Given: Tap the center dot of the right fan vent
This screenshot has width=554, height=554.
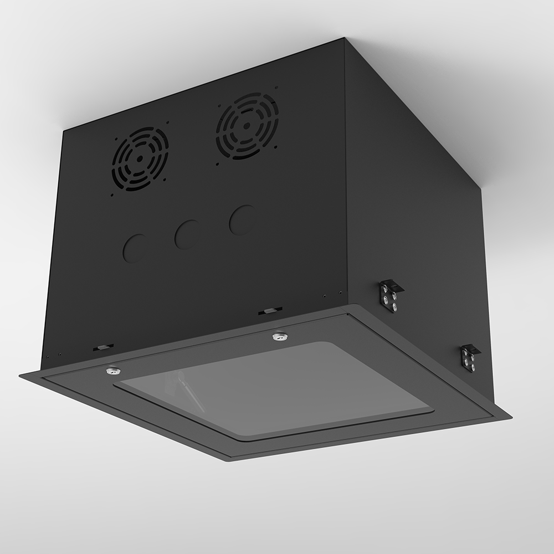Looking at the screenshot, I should click(248, 126).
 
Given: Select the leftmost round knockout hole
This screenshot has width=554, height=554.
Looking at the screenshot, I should click(135, 248).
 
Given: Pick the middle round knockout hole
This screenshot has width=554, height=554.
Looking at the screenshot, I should click(187, 234).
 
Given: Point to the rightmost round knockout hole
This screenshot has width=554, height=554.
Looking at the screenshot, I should click(242, 220).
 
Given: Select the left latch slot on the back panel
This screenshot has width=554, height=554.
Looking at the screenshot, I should click(102, 347).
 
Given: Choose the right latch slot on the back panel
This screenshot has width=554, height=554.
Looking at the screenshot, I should click(270, 310).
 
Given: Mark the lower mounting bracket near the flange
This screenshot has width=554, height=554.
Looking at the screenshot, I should click(470, 357).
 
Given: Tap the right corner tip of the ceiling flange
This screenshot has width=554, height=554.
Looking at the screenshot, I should click(510, 419).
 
